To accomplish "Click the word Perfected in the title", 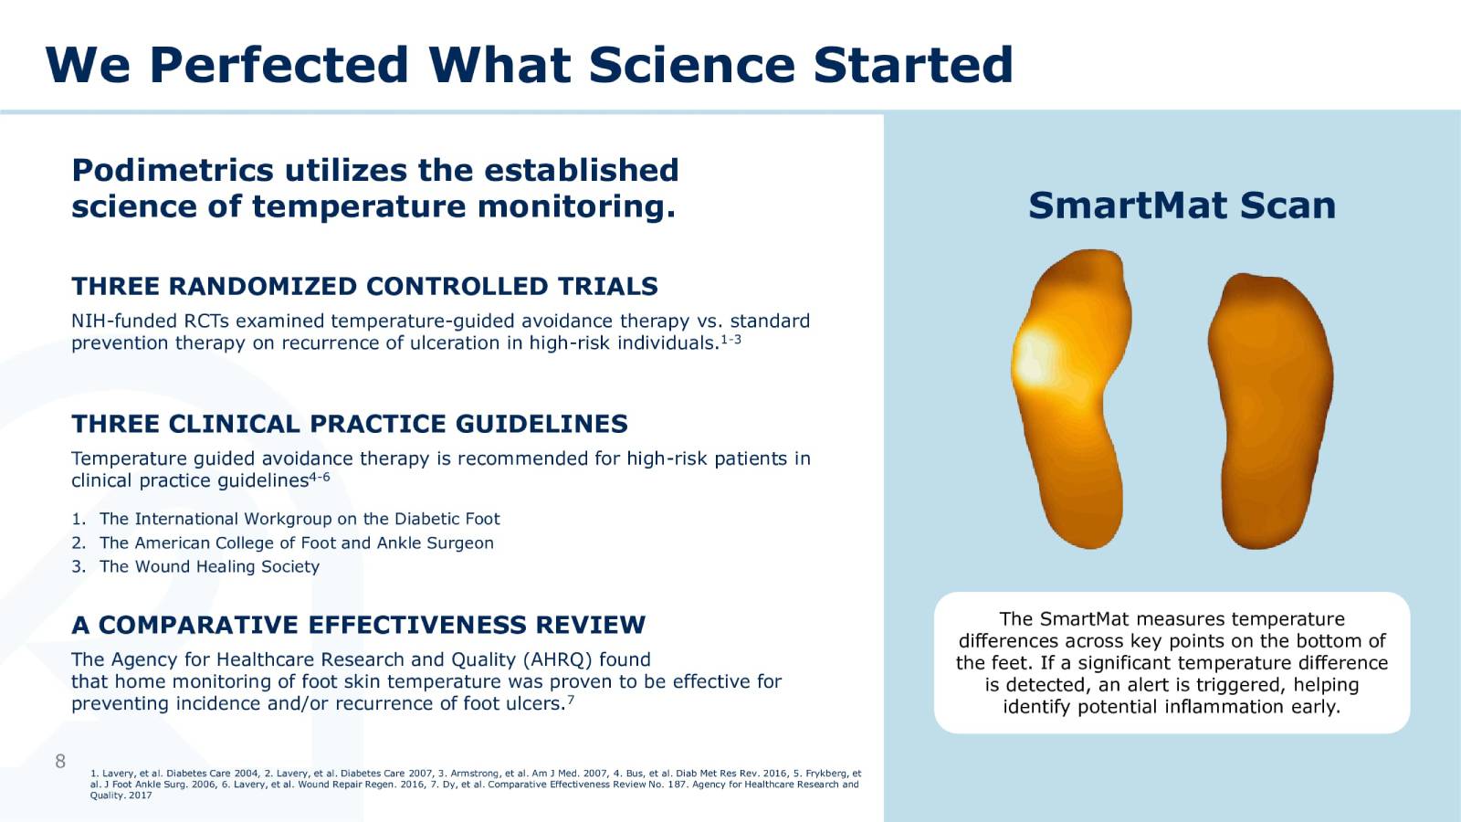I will pyautogui.click(x=279, y=66).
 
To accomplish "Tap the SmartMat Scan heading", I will pyautogui.click(x=1181, y=205).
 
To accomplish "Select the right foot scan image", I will pyautogui.click(x=1270, y=411).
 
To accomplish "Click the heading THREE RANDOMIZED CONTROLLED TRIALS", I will pyautogui.click(x=364, y=287).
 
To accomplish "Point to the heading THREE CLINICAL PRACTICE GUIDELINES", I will pyautogui.click(x=350, y=424).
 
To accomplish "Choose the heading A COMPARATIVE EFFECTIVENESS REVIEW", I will pyautogui.click(x=358, y=625).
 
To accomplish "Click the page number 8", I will pyautogui.click(x=60, y=761).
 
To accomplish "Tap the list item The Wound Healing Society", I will pyautogui.click(x=209, y=566).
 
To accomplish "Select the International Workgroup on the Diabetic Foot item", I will pyautogui.click(x=300, y=519).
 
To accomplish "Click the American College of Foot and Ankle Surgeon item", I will pyautogui.click(x=296, y=543).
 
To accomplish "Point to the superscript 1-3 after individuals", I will pyautogui.click(x=730, y=340).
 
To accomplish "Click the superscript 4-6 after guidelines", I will pyautogui.click(x=320, y=477).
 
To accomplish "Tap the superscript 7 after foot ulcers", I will pyautogui.click(x=571, y=700).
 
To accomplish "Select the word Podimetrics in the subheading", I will pyautogui.click(x=172, y=170).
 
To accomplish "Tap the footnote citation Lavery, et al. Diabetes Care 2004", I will pyautogui.click(x=174, y=773).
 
